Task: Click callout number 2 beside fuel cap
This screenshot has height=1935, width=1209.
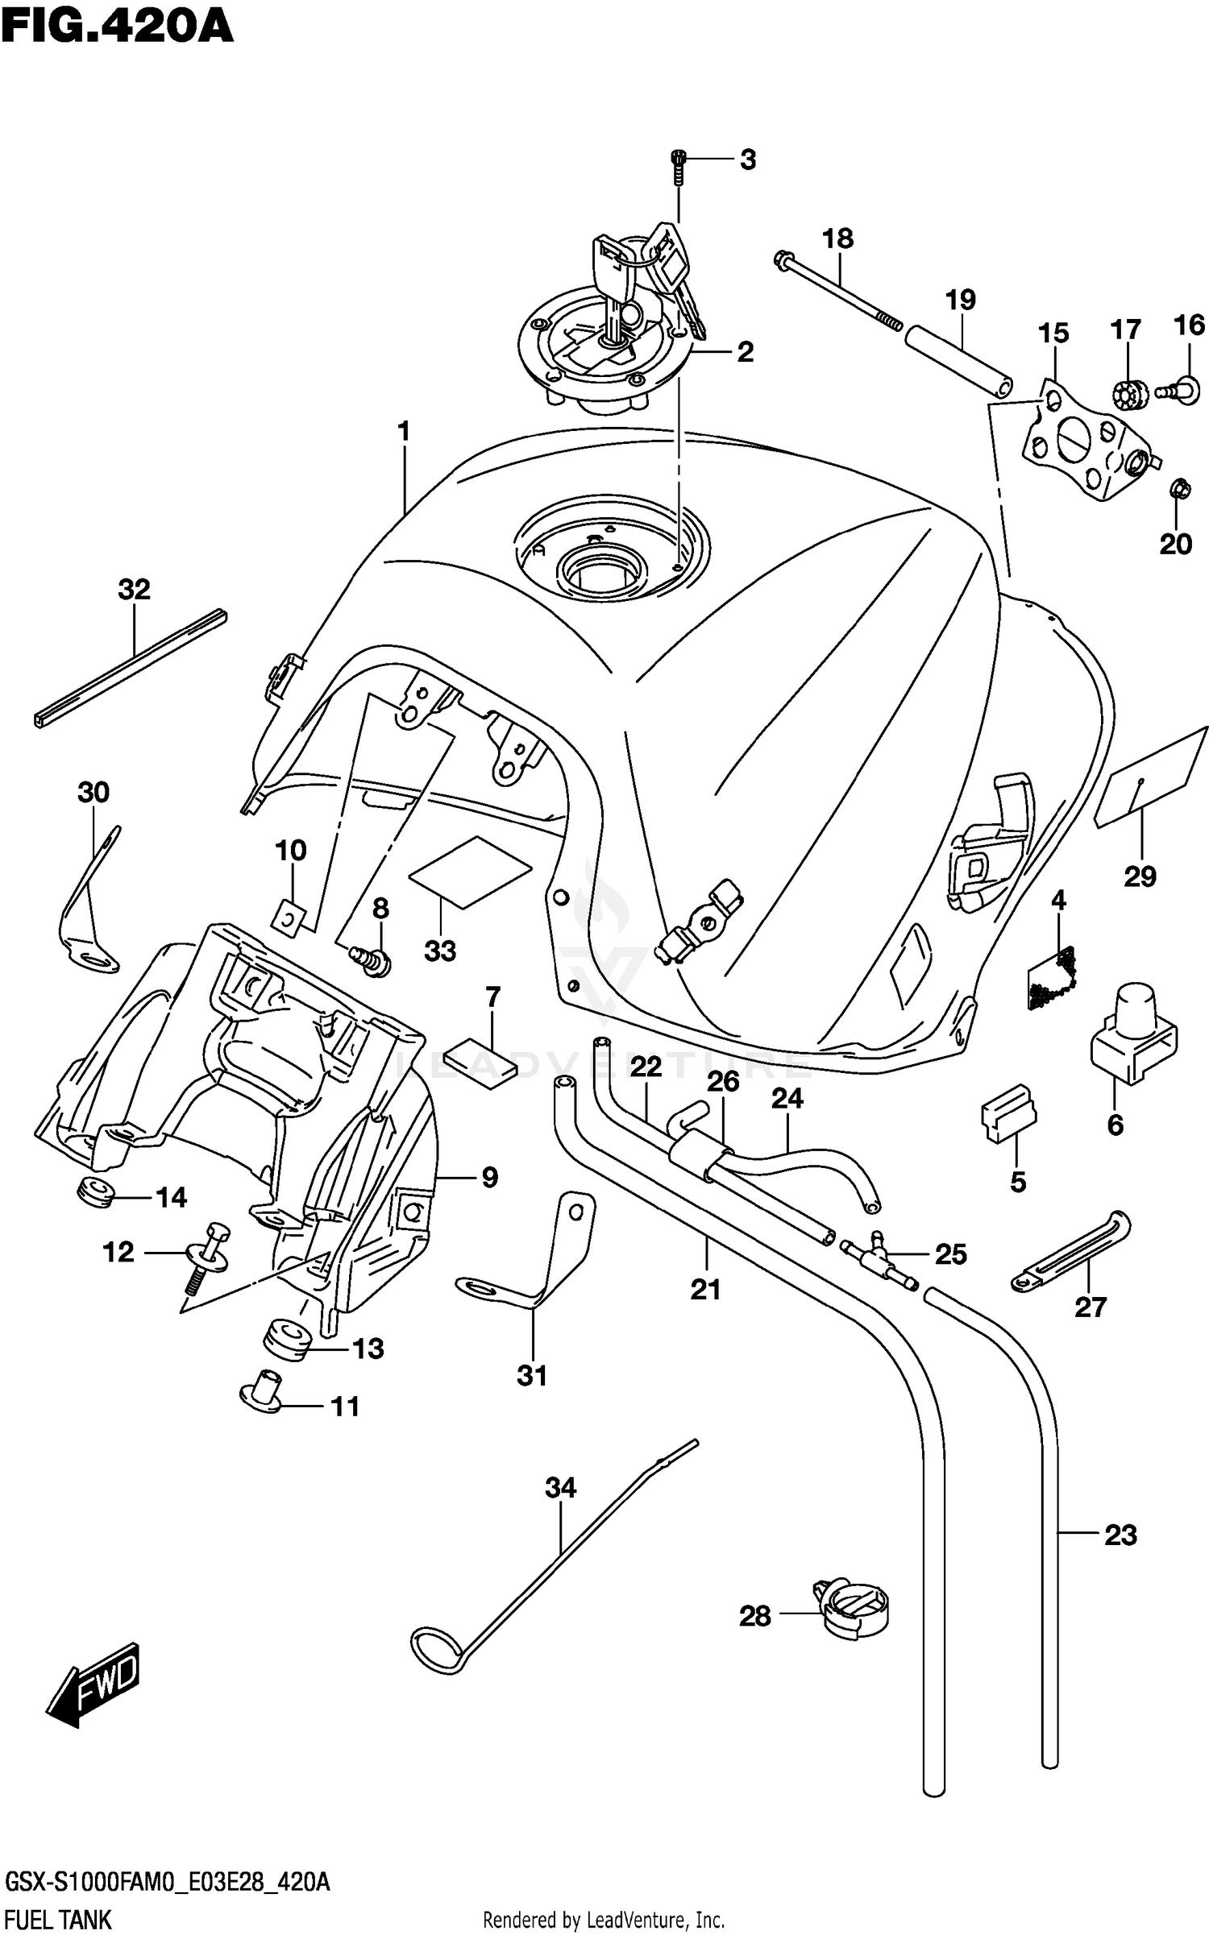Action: pyautogui.click(x=745, y=352)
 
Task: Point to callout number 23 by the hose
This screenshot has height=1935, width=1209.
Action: pyautogui.click(x=1120, y=1535)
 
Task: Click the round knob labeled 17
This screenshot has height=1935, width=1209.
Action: pyautogui.click(x=1127, y=394)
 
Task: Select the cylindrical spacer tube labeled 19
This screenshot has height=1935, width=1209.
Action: pyautogui.click(x=958, y=359)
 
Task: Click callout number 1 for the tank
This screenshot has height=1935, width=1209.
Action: pyautogui.click(x=403, y=432)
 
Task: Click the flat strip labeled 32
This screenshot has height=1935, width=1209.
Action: pyautogui.click(x=131, y=668)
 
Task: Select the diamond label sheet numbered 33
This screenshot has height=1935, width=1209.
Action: pyautogui.click(x=470, y=872)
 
